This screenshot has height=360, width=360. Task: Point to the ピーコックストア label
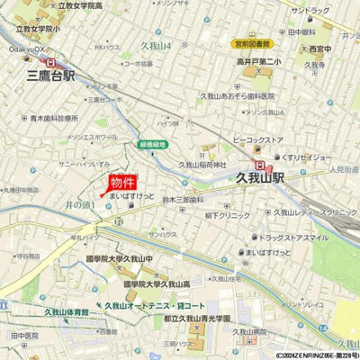click(258, 140)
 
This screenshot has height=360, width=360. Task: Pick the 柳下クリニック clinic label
click(226, 216)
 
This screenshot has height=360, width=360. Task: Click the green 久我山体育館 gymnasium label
click(67, 311)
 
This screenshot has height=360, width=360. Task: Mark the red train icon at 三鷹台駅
click(49, 63)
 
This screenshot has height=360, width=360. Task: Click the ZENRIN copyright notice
click(310, 355)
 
